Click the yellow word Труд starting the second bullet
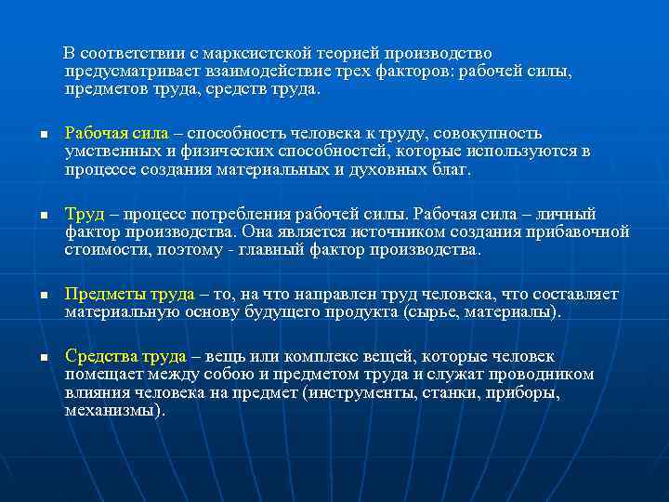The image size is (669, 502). point(83,214)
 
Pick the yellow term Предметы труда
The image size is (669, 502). point(129,295)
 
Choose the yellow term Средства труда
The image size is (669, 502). point(125,356)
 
